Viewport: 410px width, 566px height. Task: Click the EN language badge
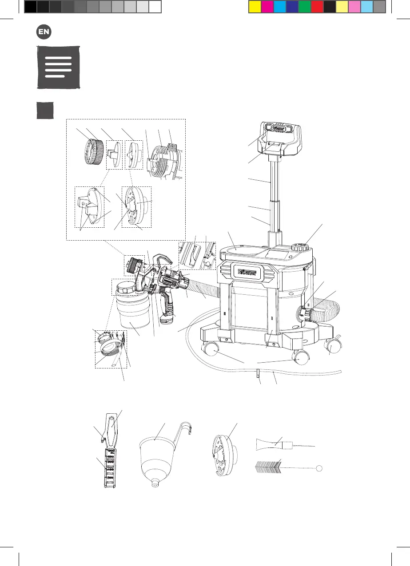click(x=43, y=32)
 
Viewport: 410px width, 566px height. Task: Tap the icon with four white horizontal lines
click(x=58, y=67)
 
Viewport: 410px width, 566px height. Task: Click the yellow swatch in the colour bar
click(x=255, y=6)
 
